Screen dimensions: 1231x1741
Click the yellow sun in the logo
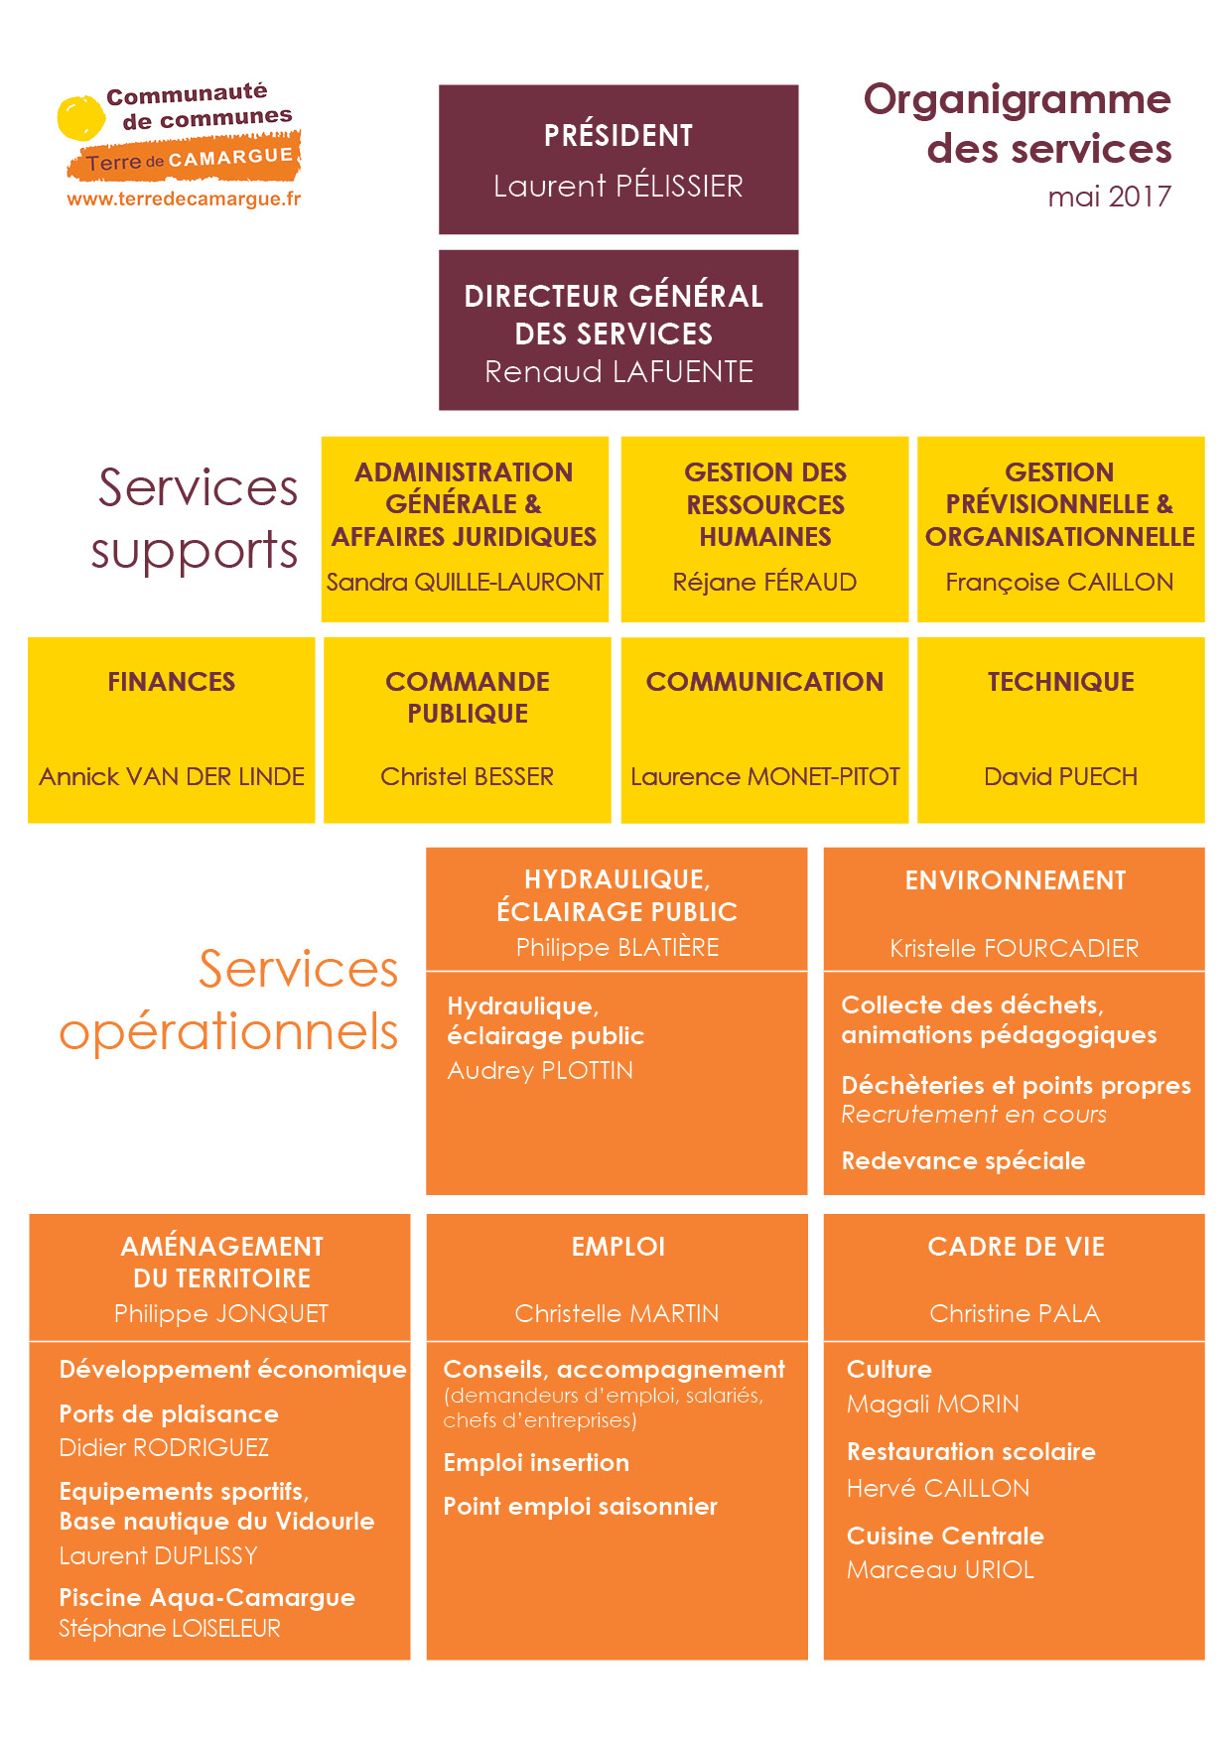[x=80, y=118]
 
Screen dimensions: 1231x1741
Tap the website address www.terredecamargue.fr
[x=184, y=200]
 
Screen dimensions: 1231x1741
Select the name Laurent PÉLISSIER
[x=618, y=186]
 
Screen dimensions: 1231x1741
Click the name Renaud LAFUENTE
[x=618, y=371]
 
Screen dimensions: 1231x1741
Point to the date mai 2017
[x=1110, y=197]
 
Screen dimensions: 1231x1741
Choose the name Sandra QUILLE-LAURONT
[x=465, y=582]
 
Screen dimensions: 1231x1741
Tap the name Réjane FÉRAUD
[x=764, y=582]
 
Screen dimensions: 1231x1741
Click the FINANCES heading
[x=172, y=682]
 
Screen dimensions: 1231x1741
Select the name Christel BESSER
[x=468, y=776]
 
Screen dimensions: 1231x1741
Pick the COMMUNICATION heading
[x=764, y=682]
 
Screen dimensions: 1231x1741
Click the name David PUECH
[x=1060, y=776]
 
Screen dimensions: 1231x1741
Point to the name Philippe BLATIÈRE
[x=617, y=948]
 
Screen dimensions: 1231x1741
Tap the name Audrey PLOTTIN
[x=540, y=1071]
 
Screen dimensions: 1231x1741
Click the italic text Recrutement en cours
[x=974, y=1115]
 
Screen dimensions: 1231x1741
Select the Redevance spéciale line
[x=963, y=1161]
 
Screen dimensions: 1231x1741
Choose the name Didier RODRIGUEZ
[x=164, y=1447]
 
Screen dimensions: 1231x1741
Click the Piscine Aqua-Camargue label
[x=206, y=1598]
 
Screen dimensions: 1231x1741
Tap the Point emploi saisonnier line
[x=580, y=1507]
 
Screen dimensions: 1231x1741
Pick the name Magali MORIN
[x=933, y=1405]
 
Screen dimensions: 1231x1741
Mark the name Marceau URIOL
[x=940, y=1570]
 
